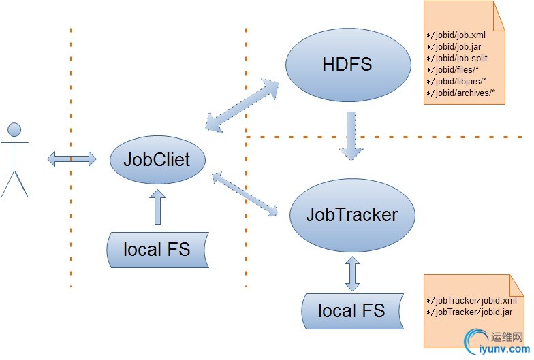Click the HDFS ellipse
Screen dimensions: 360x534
(347, 65)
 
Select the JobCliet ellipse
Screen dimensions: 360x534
(157, 161)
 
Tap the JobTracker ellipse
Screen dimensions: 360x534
(351, 215)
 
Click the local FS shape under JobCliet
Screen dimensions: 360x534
(157, 249)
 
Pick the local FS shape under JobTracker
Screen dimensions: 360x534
(351, 311)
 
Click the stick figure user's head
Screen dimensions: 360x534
(14, 129)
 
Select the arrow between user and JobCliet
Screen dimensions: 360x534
(72, 159)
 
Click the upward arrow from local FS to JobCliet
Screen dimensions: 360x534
(157, 208)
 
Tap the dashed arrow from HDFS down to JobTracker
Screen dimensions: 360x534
(351, 136)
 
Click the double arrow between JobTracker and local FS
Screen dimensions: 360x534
(352, 274)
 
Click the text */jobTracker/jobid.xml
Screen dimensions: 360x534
(471, 300)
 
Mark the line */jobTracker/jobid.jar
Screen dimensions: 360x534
(469, 312)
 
